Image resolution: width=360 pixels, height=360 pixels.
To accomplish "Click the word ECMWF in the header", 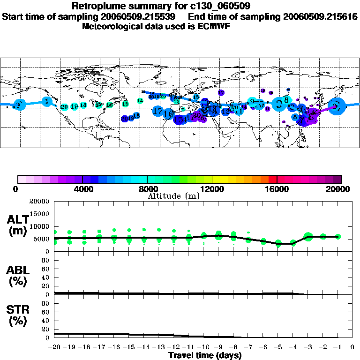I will [x=215, y=26].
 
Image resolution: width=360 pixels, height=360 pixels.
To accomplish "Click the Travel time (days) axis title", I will [x=205, y=356].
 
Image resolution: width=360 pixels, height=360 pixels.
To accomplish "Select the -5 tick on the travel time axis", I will [x=278, y=347].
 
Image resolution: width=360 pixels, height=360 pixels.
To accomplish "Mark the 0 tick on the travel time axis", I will [x=352, y=347].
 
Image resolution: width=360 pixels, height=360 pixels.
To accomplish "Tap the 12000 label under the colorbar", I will [x=212, y=189].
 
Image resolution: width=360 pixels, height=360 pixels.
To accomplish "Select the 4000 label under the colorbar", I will [x=82, y=189].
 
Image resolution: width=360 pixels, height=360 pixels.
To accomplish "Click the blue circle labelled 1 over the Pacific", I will [x=47, y=101].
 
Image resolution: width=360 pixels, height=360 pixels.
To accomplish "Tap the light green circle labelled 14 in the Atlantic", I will [x=140, y=101].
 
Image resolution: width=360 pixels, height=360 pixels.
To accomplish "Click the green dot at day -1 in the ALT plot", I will [x=338, y=237].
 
